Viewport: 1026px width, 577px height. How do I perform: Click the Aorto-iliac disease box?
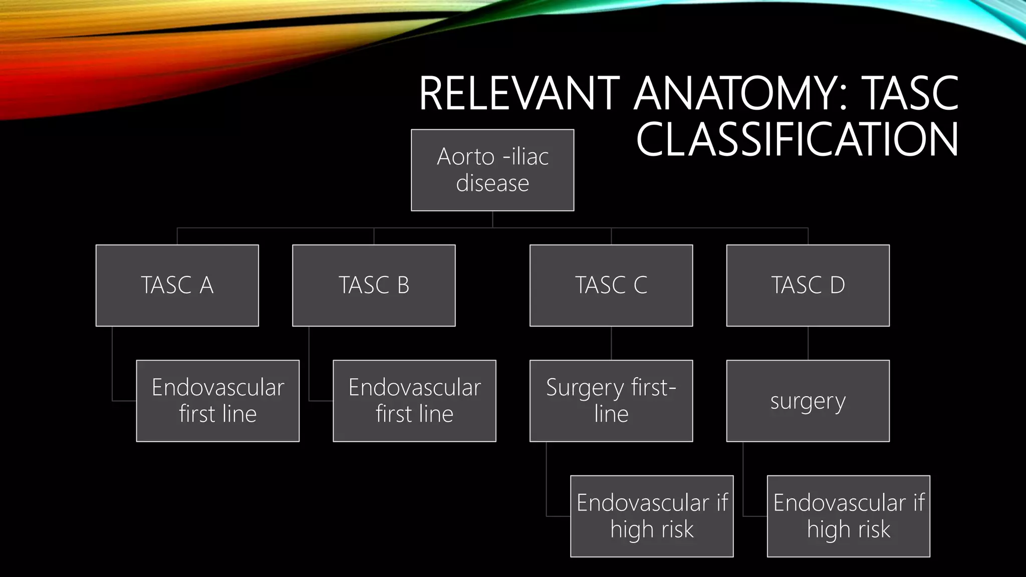pyautogui.click(x=492, y=170)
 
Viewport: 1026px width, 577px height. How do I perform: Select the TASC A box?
pyautogui.click(x=177, y=285)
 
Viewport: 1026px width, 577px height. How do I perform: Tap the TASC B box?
pyautogui.click(x=374, y=285)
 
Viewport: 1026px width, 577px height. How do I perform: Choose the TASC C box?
pyautogui.click(x=611, y=285)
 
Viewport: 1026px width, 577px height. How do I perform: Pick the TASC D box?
pyautogui.click(x=808, y=285)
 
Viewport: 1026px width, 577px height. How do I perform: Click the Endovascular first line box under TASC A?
pyautogui.click(x=217, y=400)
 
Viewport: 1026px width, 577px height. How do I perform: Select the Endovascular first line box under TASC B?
pyautogui.click(x=414, y=400)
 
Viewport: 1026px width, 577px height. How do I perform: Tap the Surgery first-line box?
pyautogui.click(x=611, y=400)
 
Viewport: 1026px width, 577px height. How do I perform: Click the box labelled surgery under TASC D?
pyautogui.click(x=808, y=400)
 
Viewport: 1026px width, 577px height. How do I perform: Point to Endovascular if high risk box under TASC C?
pyautogui.click(x=651, y=515)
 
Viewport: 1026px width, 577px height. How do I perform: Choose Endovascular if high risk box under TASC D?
pyautogui.click(x=848, y=515)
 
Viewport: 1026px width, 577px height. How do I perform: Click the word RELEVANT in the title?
pyautogui.click(x=519, y=94)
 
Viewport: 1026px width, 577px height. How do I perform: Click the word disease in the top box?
pyautogui.click(x=492, y=183)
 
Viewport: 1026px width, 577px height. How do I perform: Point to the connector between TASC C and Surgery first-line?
pyautogui.click(x=611, y=343)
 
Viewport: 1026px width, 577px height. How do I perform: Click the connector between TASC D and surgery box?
pyautogui.click(x=808, y=343)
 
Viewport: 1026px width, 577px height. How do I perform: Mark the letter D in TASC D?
pyautogui.click(x=837, y=285)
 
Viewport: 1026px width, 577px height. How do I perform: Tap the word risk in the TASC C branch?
pyautogui.click(x=674, y=529)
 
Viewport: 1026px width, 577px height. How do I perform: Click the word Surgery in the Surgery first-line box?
pyautogui.click(x=585, y=388)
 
